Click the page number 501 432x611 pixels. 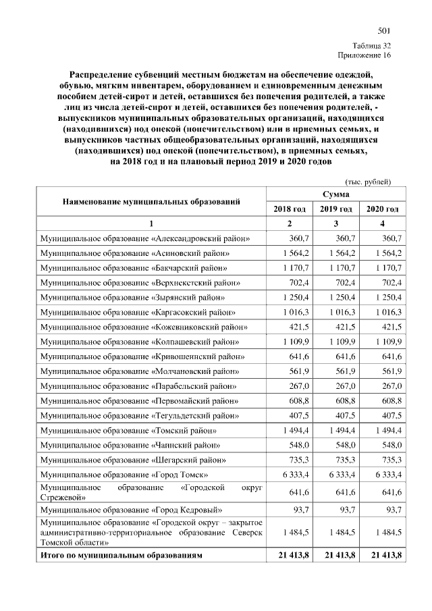point(383,30)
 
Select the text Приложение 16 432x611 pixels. point(365,55)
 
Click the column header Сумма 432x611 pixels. point(335,194)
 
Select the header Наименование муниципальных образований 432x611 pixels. point(152,201)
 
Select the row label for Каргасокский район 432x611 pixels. point(138,312)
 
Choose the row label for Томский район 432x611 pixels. point(128,430)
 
